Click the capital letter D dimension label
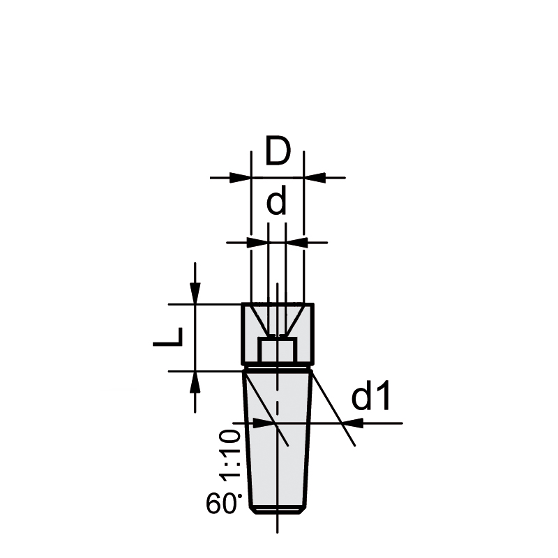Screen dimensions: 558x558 278,153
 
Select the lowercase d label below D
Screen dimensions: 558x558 277,202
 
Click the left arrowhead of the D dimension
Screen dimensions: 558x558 241,178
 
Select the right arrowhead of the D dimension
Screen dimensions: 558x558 313,178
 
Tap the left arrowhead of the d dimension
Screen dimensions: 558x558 259,242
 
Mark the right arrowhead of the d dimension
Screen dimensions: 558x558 296,242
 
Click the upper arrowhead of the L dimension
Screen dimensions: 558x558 195,294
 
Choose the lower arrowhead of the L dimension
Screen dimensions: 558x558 195,381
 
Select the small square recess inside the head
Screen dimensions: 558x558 277,349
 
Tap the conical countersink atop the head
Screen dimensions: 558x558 277,317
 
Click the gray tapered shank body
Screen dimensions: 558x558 278,446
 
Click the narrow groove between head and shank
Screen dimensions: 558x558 278,367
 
